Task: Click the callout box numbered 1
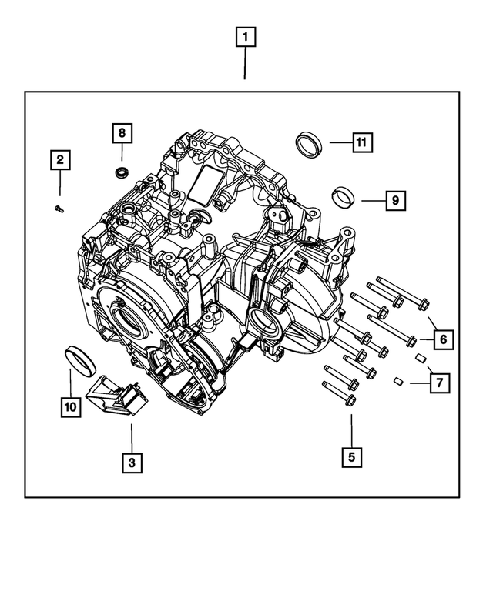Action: (x=246, y=37)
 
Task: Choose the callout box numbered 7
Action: (x=440, y=383)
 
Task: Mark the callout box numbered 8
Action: (x=121, y=132)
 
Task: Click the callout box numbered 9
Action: (x=394, y=201)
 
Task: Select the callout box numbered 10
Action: (x=70, y=406)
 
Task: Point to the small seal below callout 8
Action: (x=121, y=171)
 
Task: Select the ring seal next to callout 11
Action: (x=310, y=144)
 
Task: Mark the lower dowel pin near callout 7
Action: (x=399, y=381)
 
